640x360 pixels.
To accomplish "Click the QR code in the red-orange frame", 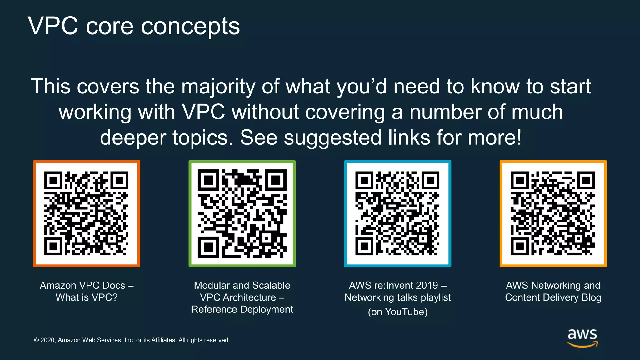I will coord(87,213).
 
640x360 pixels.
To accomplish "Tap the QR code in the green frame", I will coord(242,213).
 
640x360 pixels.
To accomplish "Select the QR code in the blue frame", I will coord(397,213).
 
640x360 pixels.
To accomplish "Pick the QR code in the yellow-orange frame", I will coord(553,213).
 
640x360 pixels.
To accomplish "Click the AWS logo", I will coord(582,338).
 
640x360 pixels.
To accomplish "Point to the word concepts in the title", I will coord(190,27).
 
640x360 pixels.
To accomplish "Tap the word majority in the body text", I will coord(218,87).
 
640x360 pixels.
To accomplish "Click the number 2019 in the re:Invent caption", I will coord(425,285).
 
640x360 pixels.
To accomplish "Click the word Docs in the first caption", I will coord(114,285).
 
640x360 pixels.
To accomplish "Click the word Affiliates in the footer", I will coord(163,340).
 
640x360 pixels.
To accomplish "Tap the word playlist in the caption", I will coord(436,297).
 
